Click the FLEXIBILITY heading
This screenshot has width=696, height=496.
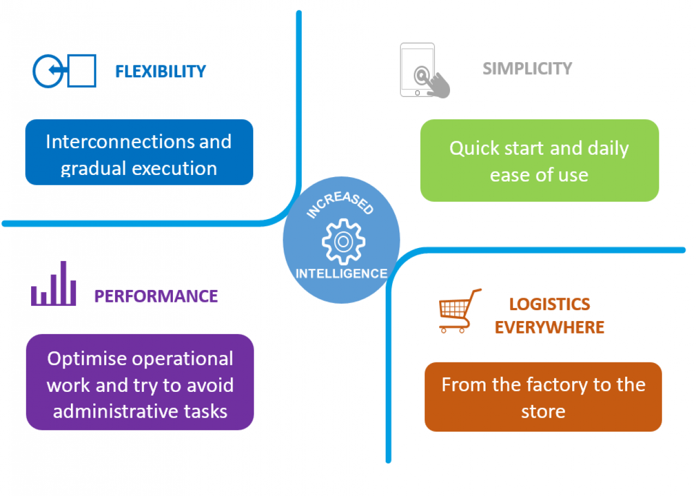coord(160,71)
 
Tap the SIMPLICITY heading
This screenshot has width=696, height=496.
coord(527,69)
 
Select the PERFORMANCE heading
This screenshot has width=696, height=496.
coord(156,296)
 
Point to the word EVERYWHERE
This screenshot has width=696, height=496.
coord(549,327)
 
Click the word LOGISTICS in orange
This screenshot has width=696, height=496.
coord(549,304)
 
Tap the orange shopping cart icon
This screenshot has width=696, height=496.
coord(459,311)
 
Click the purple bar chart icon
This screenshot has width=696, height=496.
coord(53,284)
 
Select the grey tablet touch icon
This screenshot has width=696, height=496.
coord(424,71)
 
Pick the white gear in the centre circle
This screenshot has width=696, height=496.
coord(343,240)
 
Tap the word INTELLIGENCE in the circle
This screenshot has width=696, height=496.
coord(341,274)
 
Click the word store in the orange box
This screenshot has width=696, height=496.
coord(543,411)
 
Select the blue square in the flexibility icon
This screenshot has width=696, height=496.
coord(82,71)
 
